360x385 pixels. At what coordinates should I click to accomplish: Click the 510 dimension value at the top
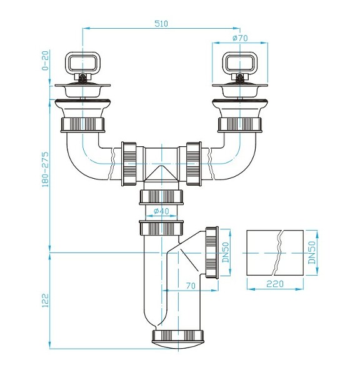pyautogui.click(x=161, y=23)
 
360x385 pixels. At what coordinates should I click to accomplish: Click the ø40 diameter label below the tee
pyautogui.click(x=161, y=211)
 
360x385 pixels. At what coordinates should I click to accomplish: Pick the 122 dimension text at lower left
pyautogui.click(x=44, y=301)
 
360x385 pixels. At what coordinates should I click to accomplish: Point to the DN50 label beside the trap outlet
pyautogui.click(x=226, y=252)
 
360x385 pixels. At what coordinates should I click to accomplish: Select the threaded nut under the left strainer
pyautogui.click(x=82, y=122)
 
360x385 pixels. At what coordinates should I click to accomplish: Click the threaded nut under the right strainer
pyautogui.click(x=239, y=122)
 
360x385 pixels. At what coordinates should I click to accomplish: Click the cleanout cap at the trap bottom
pyautogui.click(x=179, y=337)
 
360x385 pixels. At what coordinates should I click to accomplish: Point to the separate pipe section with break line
pyautogui.click(x=275, y=252)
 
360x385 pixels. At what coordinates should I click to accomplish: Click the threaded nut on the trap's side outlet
pyautogui.click(x=211, y=252)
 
